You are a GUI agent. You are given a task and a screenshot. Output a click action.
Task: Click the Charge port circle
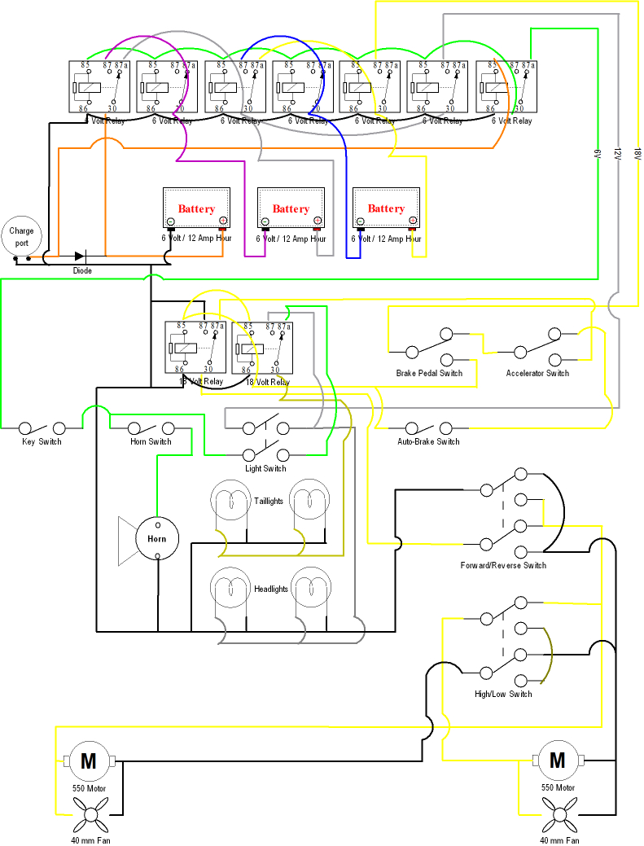point(21,237)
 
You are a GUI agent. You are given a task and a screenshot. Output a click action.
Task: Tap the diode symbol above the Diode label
point(80,257)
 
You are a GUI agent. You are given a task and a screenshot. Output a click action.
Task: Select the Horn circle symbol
point(157,539)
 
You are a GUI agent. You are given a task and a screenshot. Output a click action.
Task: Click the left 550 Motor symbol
point(88,761)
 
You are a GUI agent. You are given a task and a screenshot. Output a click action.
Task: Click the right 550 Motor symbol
point(558,761)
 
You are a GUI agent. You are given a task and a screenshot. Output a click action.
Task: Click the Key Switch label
point(42,442)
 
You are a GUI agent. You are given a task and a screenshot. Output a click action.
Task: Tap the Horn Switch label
point(151,442)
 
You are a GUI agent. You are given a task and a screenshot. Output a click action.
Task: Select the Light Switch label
point(265,469)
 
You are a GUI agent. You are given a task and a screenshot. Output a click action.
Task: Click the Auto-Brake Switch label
point(428,442)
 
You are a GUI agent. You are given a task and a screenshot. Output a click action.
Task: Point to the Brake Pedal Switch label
point(429,374)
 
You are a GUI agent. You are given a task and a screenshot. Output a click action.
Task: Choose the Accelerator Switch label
point(537,374)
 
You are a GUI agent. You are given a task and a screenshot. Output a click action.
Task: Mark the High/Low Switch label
point(503,694)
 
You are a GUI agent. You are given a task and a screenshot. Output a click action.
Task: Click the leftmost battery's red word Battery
point(197,209)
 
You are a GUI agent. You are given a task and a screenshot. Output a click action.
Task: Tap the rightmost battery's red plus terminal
point(413,221)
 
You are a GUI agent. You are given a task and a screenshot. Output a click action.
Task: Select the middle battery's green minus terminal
point(265,221)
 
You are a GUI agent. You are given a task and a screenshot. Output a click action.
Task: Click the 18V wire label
point(637,153)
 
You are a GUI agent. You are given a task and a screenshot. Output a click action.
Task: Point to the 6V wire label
point(597,153)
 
